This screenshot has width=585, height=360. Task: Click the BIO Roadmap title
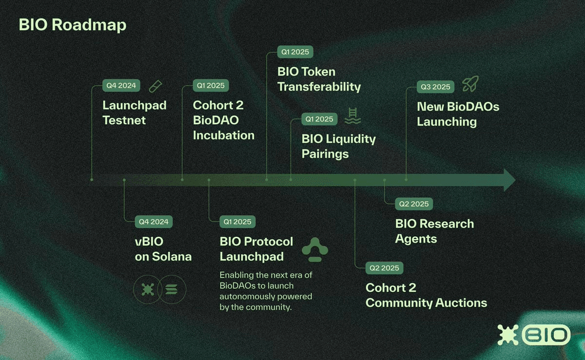tap(72, 25)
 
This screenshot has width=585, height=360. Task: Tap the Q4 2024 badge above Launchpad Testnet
tap(121, 85)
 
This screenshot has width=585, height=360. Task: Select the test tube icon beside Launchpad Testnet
tap(156, 86)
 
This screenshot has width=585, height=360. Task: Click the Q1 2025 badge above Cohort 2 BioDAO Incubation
tap(211, 85)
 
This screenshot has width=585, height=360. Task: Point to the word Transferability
tap(319, 87)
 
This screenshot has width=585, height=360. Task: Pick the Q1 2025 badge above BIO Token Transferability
tap(295, 52)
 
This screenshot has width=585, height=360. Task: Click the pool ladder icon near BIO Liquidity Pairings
tap(352, 116)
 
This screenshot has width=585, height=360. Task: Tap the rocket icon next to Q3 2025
tap(470, 83)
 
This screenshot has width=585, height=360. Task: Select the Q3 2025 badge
tap(435, 87)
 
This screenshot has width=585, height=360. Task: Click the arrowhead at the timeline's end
tap(509, 180)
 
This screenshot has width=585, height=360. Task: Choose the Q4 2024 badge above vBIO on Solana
tap(154, 222)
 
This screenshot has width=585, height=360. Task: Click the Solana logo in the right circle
tap(172, 289)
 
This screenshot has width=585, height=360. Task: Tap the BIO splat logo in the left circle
tap(148, 289)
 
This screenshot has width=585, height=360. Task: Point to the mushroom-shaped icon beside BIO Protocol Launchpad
tap(315, 249)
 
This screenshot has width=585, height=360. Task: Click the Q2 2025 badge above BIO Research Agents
tap(414, 204)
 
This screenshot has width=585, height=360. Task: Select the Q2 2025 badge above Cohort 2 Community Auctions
tap(384, 268)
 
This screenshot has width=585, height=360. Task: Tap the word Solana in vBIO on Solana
tap(172, 257)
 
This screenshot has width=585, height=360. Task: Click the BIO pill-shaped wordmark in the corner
tap(546, 335)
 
